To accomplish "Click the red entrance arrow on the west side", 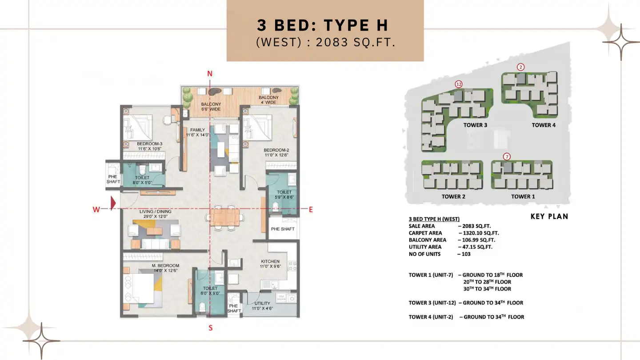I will coord(113,204).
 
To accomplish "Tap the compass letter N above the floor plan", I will coord(209,74).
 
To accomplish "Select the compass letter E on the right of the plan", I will coord(311,209).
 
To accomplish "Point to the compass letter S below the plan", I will coord(211,328).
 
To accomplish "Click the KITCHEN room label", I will coord(270,261).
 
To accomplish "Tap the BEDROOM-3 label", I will coord(150,144).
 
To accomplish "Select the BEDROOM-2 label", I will coord(276,150).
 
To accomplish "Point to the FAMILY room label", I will coord(197,130).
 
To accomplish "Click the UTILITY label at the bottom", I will coord(262,303).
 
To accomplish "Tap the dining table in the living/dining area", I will coord(225,217).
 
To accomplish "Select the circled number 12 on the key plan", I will coord(459,84).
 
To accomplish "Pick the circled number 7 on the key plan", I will coord(507,156).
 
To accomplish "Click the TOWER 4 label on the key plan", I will coord(544,125).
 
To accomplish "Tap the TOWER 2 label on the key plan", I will coord(453,196).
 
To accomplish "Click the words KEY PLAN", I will coord(549,216).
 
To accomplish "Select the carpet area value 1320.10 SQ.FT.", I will coord(481,233).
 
